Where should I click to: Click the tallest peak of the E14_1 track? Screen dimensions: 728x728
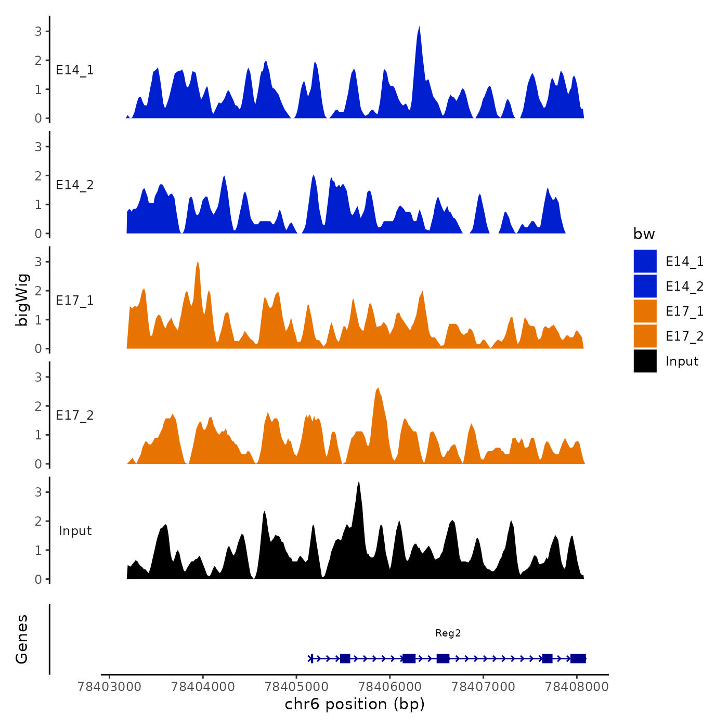pos(419,28)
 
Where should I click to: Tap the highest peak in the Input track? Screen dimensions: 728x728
pos(359,484)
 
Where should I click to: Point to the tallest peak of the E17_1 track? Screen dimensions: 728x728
pos(198,263)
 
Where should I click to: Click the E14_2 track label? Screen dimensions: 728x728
pos(75,185)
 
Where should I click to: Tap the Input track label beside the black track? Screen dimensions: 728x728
pos(75,531)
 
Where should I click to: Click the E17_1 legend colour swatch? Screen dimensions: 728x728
pos(645,311)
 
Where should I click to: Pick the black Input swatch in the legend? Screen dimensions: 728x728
pos(645,361)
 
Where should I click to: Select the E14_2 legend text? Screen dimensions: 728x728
pos(684,287)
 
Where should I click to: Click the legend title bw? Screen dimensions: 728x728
pos(644,234)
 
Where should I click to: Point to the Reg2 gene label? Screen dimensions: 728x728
pos(448,633)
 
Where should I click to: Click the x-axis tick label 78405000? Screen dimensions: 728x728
pos(296,686)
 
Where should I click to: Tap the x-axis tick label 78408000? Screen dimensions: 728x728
pos(577,686)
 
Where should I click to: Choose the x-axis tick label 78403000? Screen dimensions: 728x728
pos(109,686)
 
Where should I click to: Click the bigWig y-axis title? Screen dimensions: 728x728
pos(22,300)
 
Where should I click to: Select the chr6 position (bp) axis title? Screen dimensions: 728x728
pos(355,704)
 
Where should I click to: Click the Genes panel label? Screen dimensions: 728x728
pos(22,639)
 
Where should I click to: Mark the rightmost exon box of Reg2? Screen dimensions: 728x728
pos(578,659)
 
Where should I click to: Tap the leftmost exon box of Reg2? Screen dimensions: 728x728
pos(345,659)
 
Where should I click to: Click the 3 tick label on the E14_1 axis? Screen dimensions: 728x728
pos(38,31)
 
